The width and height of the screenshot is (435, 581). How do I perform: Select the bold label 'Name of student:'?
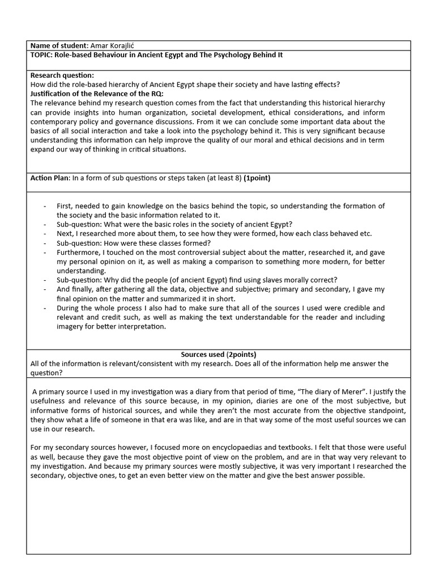(x=59, y=45)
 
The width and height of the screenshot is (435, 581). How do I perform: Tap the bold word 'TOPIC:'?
(x=43, y=55)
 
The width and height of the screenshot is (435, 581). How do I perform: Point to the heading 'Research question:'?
(x=62, y=75)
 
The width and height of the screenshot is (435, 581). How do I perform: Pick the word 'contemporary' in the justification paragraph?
(x=54, y=121)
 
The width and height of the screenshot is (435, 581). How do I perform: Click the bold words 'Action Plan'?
(x=49, y=178)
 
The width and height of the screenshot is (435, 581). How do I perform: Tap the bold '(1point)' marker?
(x=257, y=178)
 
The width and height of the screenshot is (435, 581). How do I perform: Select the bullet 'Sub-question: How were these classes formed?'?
(x=134, y=243)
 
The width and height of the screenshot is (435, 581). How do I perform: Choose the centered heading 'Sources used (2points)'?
(x=219, y=354)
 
